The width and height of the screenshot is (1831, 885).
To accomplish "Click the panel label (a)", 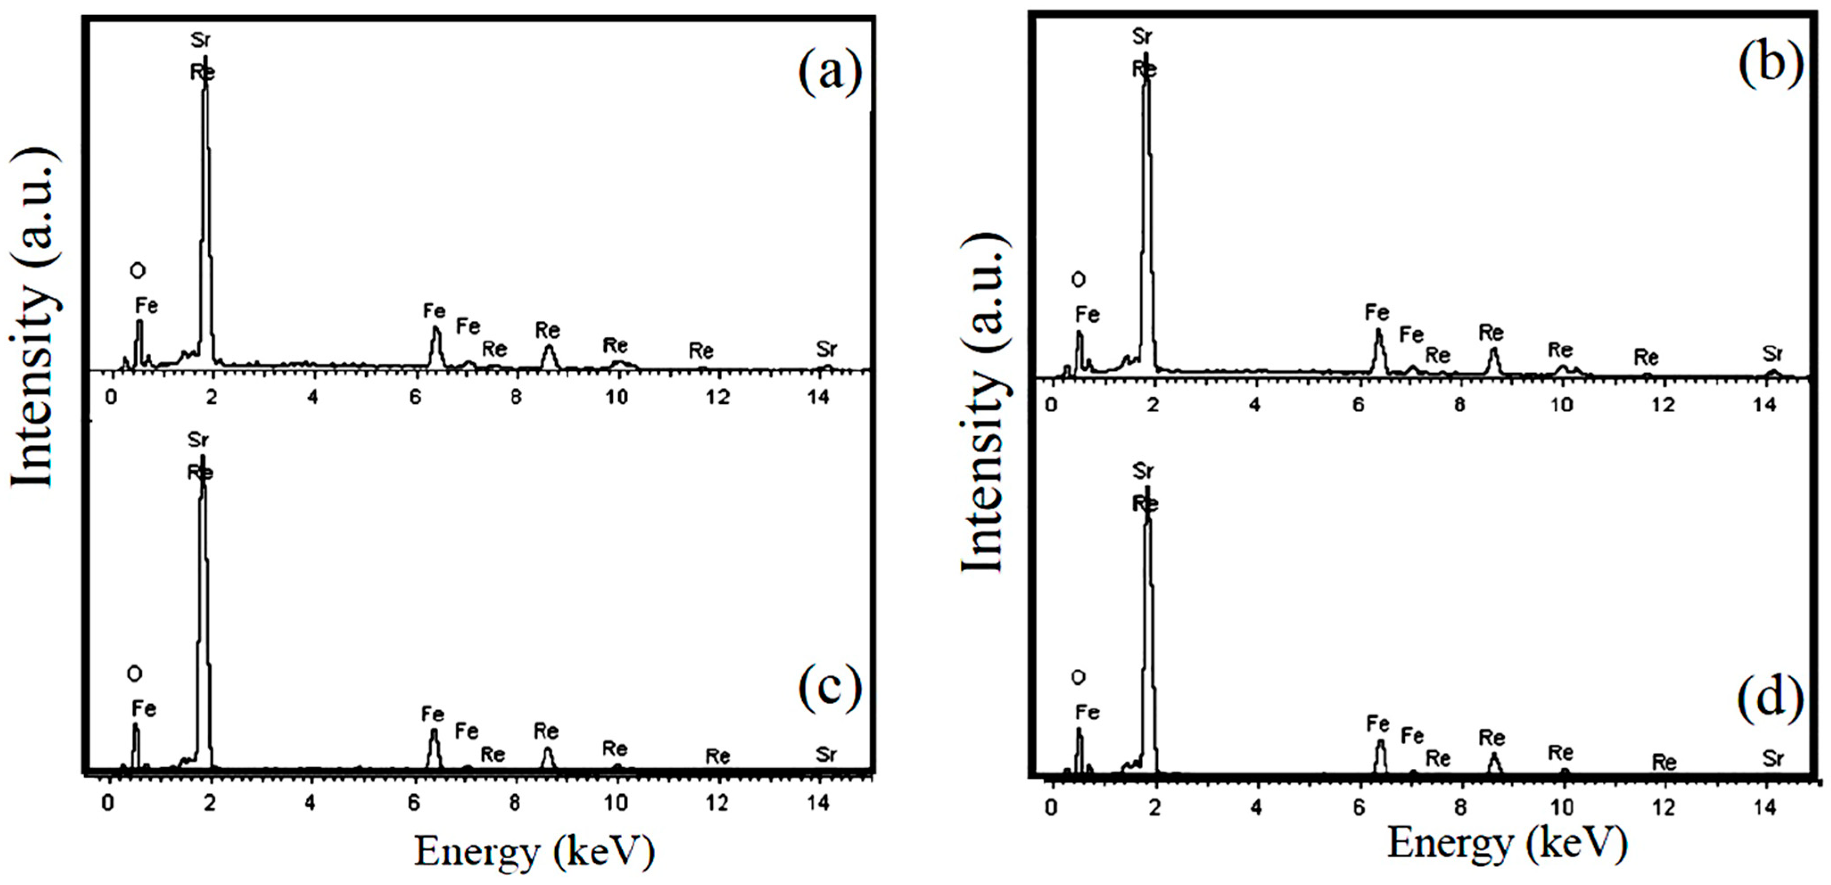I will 830,73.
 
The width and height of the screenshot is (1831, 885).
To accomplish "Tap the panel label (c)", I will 830,689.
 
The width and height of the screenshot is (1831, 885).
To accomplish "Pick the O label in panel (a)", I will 137,270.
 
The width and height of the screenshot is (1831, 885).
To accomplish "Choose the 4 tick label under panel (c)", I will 311,803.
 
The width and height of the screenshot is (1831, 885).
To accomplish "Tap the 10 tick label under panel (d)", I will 1562,807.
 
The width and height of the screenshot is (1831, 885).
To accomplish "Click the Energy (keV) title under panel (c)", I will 534,851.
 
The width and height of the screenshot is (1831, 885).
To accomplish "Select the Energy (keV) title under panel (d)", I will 1507,844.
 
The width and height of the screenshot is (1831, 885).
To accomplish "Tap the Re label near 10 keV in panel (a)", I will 616,346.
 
